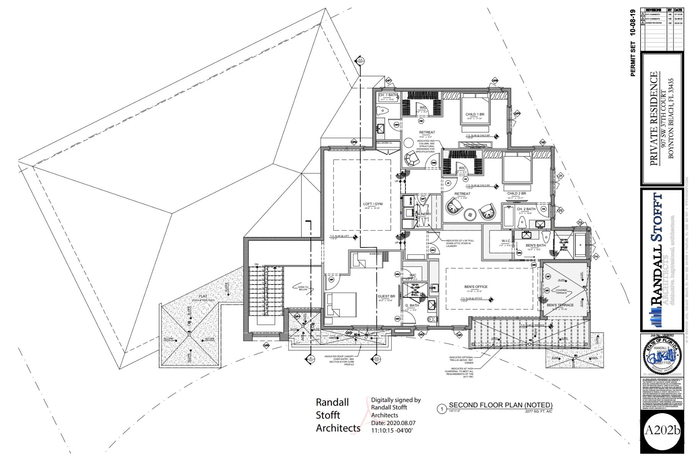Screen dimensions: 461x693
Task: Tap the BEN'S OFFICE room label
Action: (x=476, y=287)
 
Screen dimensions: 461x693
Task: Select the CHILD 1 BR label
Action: (x=475, y=114)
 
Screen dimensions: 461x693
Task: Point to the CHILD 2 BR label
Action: (x=516, y=194)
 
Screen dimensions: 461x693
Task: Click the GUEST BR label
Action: (x=386, y=296)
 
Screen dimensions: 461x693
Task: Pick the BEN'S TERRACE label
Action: (x=560, y=305)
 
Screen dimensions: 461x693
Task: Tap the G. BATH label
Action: (x=412, y=306)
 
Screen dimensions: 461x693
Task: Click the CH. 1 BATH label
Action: (x=388, y=95)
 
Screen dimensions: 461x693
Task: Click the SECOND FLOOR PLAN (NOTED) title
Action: (x=500, y=405)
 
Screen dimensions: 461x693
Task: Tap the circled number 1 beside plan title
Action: (x=442, y=409)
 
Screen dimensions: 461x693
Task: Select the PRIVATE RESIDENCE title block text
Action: (x=654, y=119)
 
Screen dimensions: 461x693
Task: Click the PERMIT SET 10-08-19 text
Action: (x=633, y=43)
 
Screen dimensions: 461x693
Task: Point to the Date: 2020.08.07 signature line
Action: (x=393, y=423)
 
